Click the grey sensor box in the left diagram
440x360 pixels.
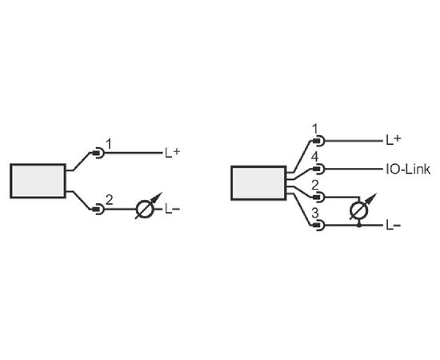[38, 181]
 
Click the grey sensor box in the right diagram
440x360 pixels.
[258, 183]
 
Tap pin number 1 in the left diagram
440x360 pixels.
[109, 145]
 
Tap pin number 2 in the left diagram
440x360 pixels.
[110, 200]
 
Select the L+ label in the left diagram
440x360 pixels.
[172, 153]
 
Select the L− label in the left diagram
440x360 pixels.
[172, 209]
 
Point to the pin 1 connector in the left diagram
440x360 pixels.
[98, 154]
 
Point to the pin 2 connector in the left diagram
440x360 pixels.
[98, 209]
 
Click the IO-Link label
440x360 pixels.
[408, 169]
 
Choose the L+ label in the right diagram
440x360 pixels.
[394, 140]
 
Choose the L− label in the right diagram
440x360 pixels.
[394, 226]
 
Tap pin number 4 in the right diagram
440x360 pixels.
[315, 157]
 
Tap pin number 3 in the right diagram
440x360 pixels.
[315, 214]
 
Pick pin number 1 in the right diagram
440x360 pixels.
[315, 130]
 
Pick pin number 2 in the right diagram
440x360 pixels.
[315, 186]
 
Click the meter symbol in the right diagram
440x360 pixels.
[362, 208]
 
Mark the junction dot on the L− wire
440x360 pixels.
[359, 225]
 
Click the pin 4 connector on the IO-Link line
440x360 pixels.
[318, 169]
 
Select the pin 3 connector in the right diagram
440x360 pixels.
[318, 225]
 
